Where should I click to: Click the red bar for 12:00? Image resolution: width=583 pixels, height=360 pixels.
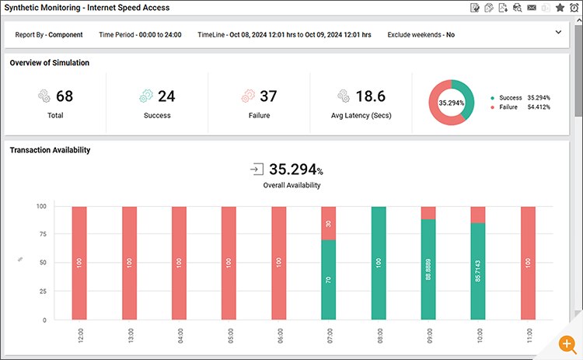point(79,263)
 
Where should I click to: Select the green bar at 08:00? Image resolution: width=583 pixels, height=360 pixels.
point(379,263)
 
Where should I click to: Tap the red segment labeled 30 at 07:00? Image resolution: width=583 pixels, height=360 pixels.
point(329,224)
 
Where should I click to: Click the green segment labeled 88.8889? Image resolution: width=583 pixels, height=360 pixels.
point(428,269)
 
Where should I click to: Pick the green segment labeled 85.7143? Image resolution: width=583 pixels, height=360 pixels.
point(478,271)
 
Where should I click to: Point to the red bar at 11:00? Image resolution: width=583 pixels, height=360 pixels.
point(528,263)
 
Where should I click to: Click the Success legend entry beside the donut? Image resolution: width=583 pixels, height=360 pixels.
point(510,98)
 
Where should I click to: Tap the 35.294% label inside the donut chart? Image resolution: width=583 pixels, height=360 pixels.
point(452,103)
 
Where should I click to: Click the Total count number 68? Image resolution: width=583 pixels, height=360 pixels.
point(65,96)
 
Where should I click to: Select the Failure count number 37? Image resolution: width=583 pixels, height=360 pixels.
point(268,96)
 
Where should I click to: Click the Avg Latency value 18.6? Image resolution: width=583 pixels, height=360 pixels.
point(370,96)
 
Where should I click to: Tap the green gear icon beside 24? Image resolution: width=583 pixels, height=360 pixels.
point(145,96)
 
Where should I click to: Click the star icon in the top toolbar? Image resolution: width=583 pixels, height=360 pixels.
point(560,8)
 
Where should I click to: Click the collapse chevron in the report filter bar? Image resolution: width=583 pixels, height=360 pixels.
point(558,33)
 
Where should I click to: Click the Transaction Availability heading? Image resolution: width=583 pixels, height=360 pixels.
point(51,150)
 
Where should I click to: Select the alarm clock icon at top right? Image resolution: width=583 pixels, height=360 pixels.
point(574,8)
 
